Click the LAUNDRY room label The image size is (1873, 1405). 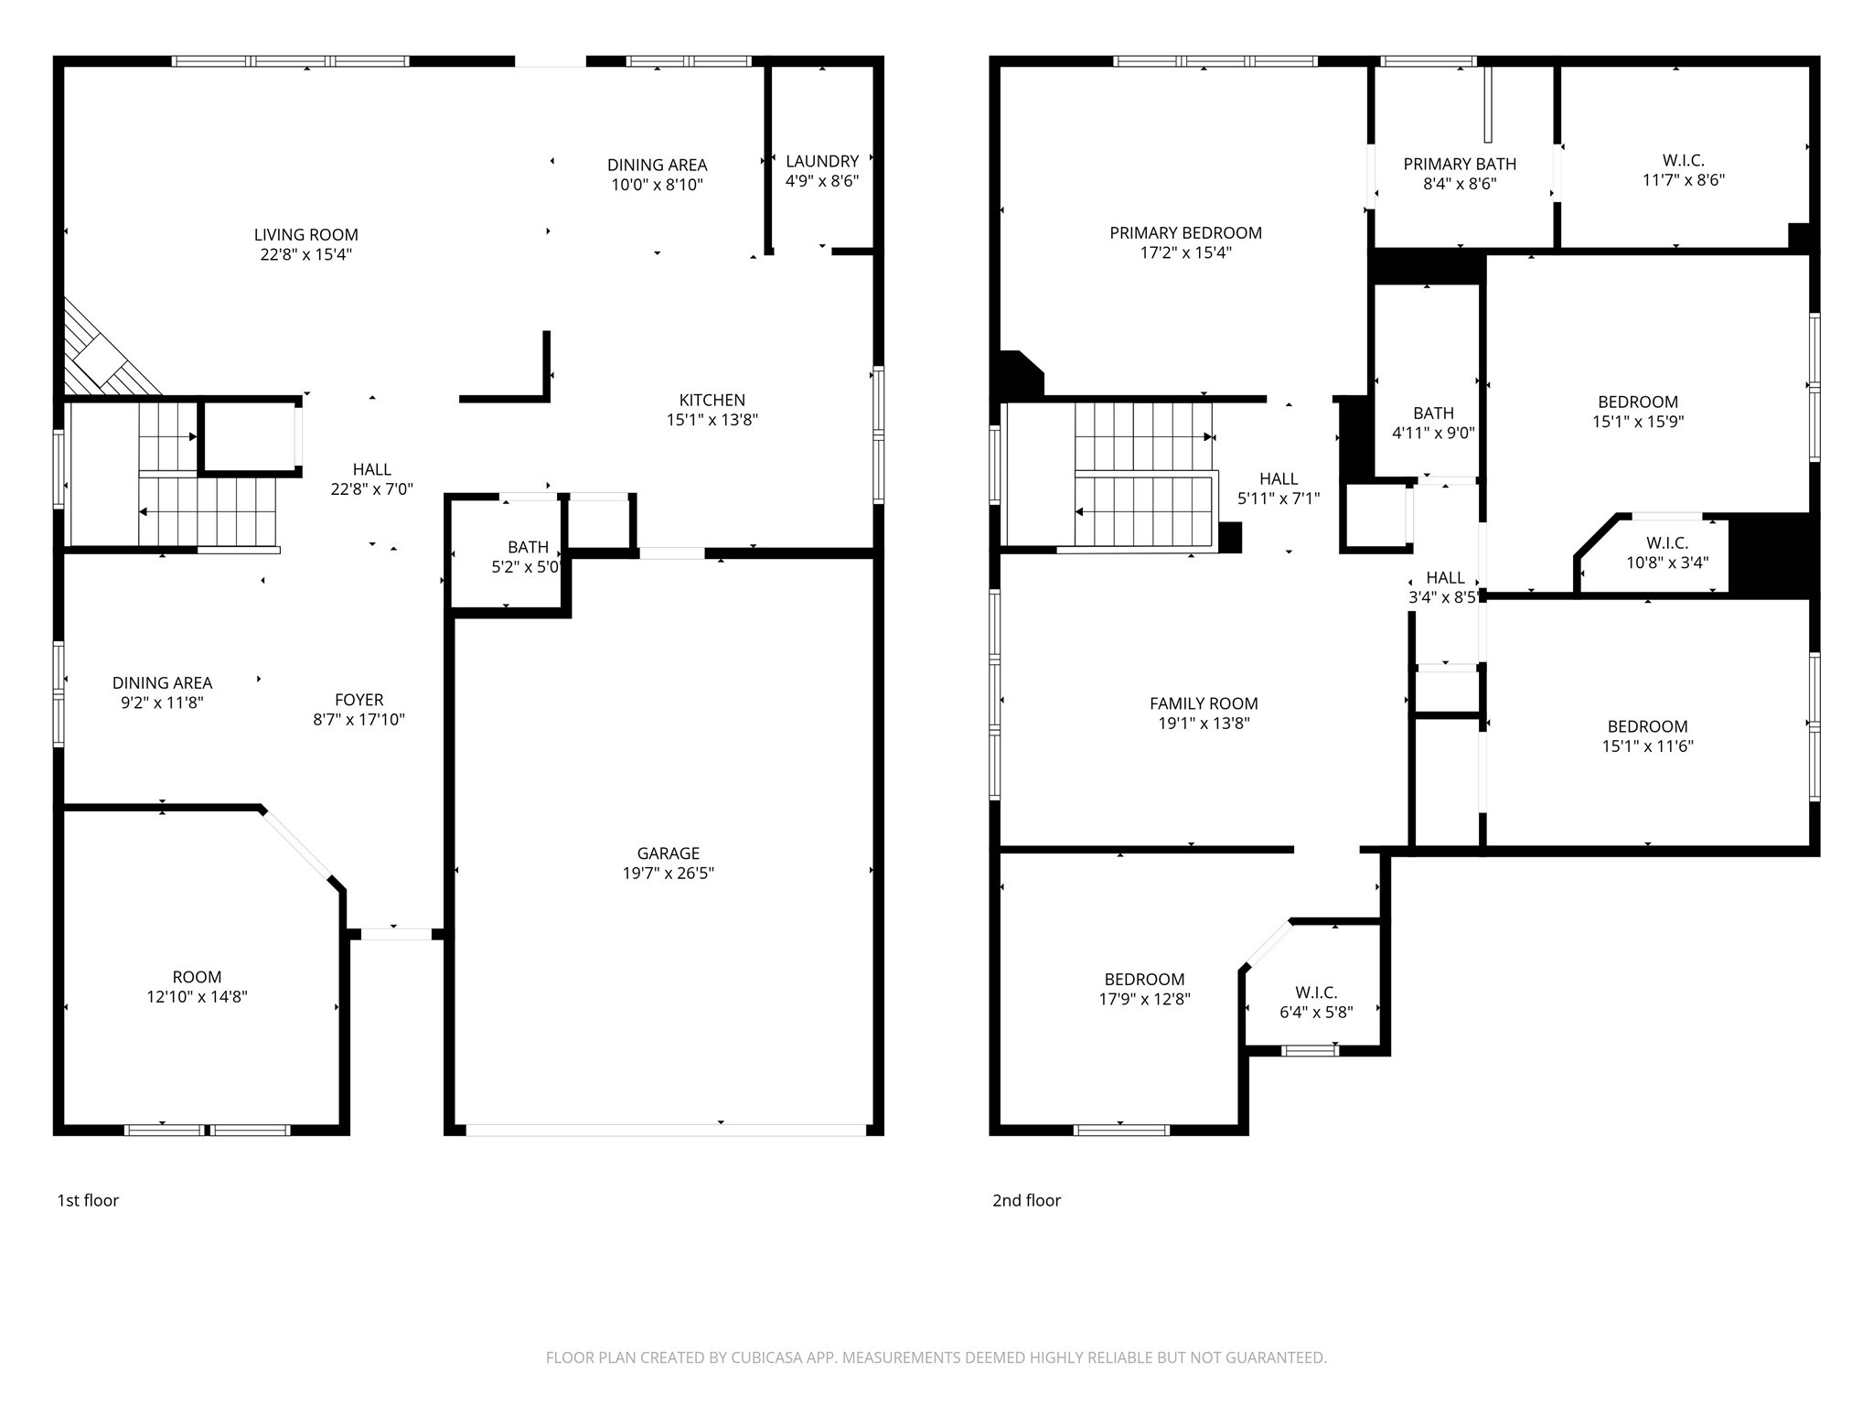tap(821, 162)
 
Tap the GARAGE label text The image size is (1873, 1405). tap(668, 853)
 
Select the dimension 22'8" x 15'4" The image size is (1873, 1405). tap(305, 254)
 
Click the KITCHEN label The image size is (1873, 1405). tap(712, 401)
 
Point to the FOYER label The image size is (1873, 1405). tap(359, 701)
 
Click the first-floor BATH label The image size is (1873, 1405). tap(528, 547)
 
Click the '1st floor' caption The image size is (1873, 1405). tap(88, 1200)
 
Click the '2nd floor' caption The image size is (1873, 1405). tap(1026, 1200)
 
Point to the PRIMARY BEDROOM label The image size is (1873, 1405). tap(1185, 233)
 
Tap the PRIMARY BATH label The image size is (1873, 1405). tap(1460, 165)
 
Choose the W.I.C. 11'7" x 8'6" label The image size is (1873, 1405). tap(1683, 161)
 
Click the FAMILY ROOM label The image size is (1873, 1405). tap(1204, 703)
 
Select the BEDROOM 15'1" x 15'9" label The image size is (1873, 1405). tap(1637, 402)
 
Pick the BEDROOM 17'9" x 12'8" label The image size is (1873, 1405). tap(1144, 980)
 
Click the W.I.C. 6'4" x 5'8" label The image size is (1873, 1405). tap(1316, 993)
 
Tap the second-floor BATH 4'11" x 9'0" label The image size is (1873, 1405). tap(1433, 413)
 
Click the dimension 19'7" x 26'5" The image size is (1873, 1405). tap(668, 874)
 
